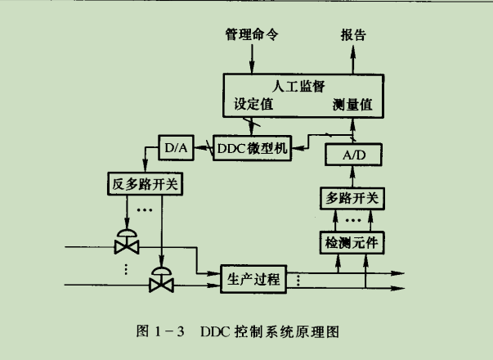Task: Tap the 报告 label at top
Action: pyautogui.click(x=352, y=36)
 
